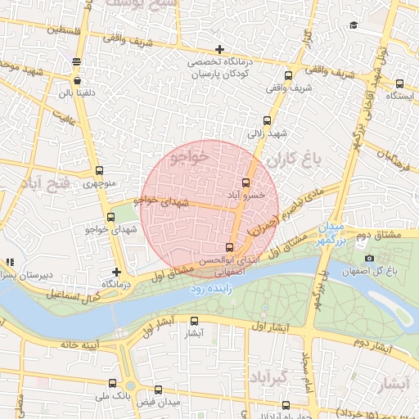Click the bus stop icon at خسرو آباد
click(x=246, y=182)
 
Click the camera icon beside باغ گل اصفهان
click(x=370, y=259)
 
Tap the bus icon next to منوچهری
click(x=100, y=171)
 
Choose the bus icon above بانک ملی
click(x=112, y=383)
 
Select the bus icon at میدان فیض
click(x=157, y=390)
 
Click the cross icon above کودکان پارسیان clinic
click(x=219, y=51)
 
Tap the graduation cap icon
click(x=354, y=25)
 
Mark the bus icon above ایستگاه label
click(x=399, y=83)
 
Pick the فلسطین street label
click(x=24, y=29)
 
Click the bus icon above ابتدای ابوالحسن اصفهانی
click(x=228, y=247)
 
